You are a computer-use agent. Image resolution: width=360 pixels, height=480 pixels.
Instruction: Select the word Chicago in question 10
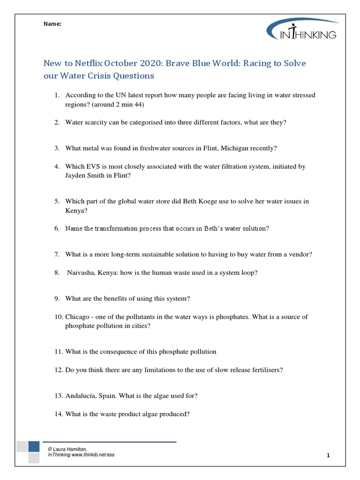(77, 317)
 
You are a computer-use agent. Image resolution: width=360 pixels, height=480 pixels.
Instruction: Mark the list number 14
(58, 414)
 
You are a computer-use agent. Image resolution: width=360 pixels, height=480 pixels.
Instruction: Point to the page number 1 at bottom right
(329, 455)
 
